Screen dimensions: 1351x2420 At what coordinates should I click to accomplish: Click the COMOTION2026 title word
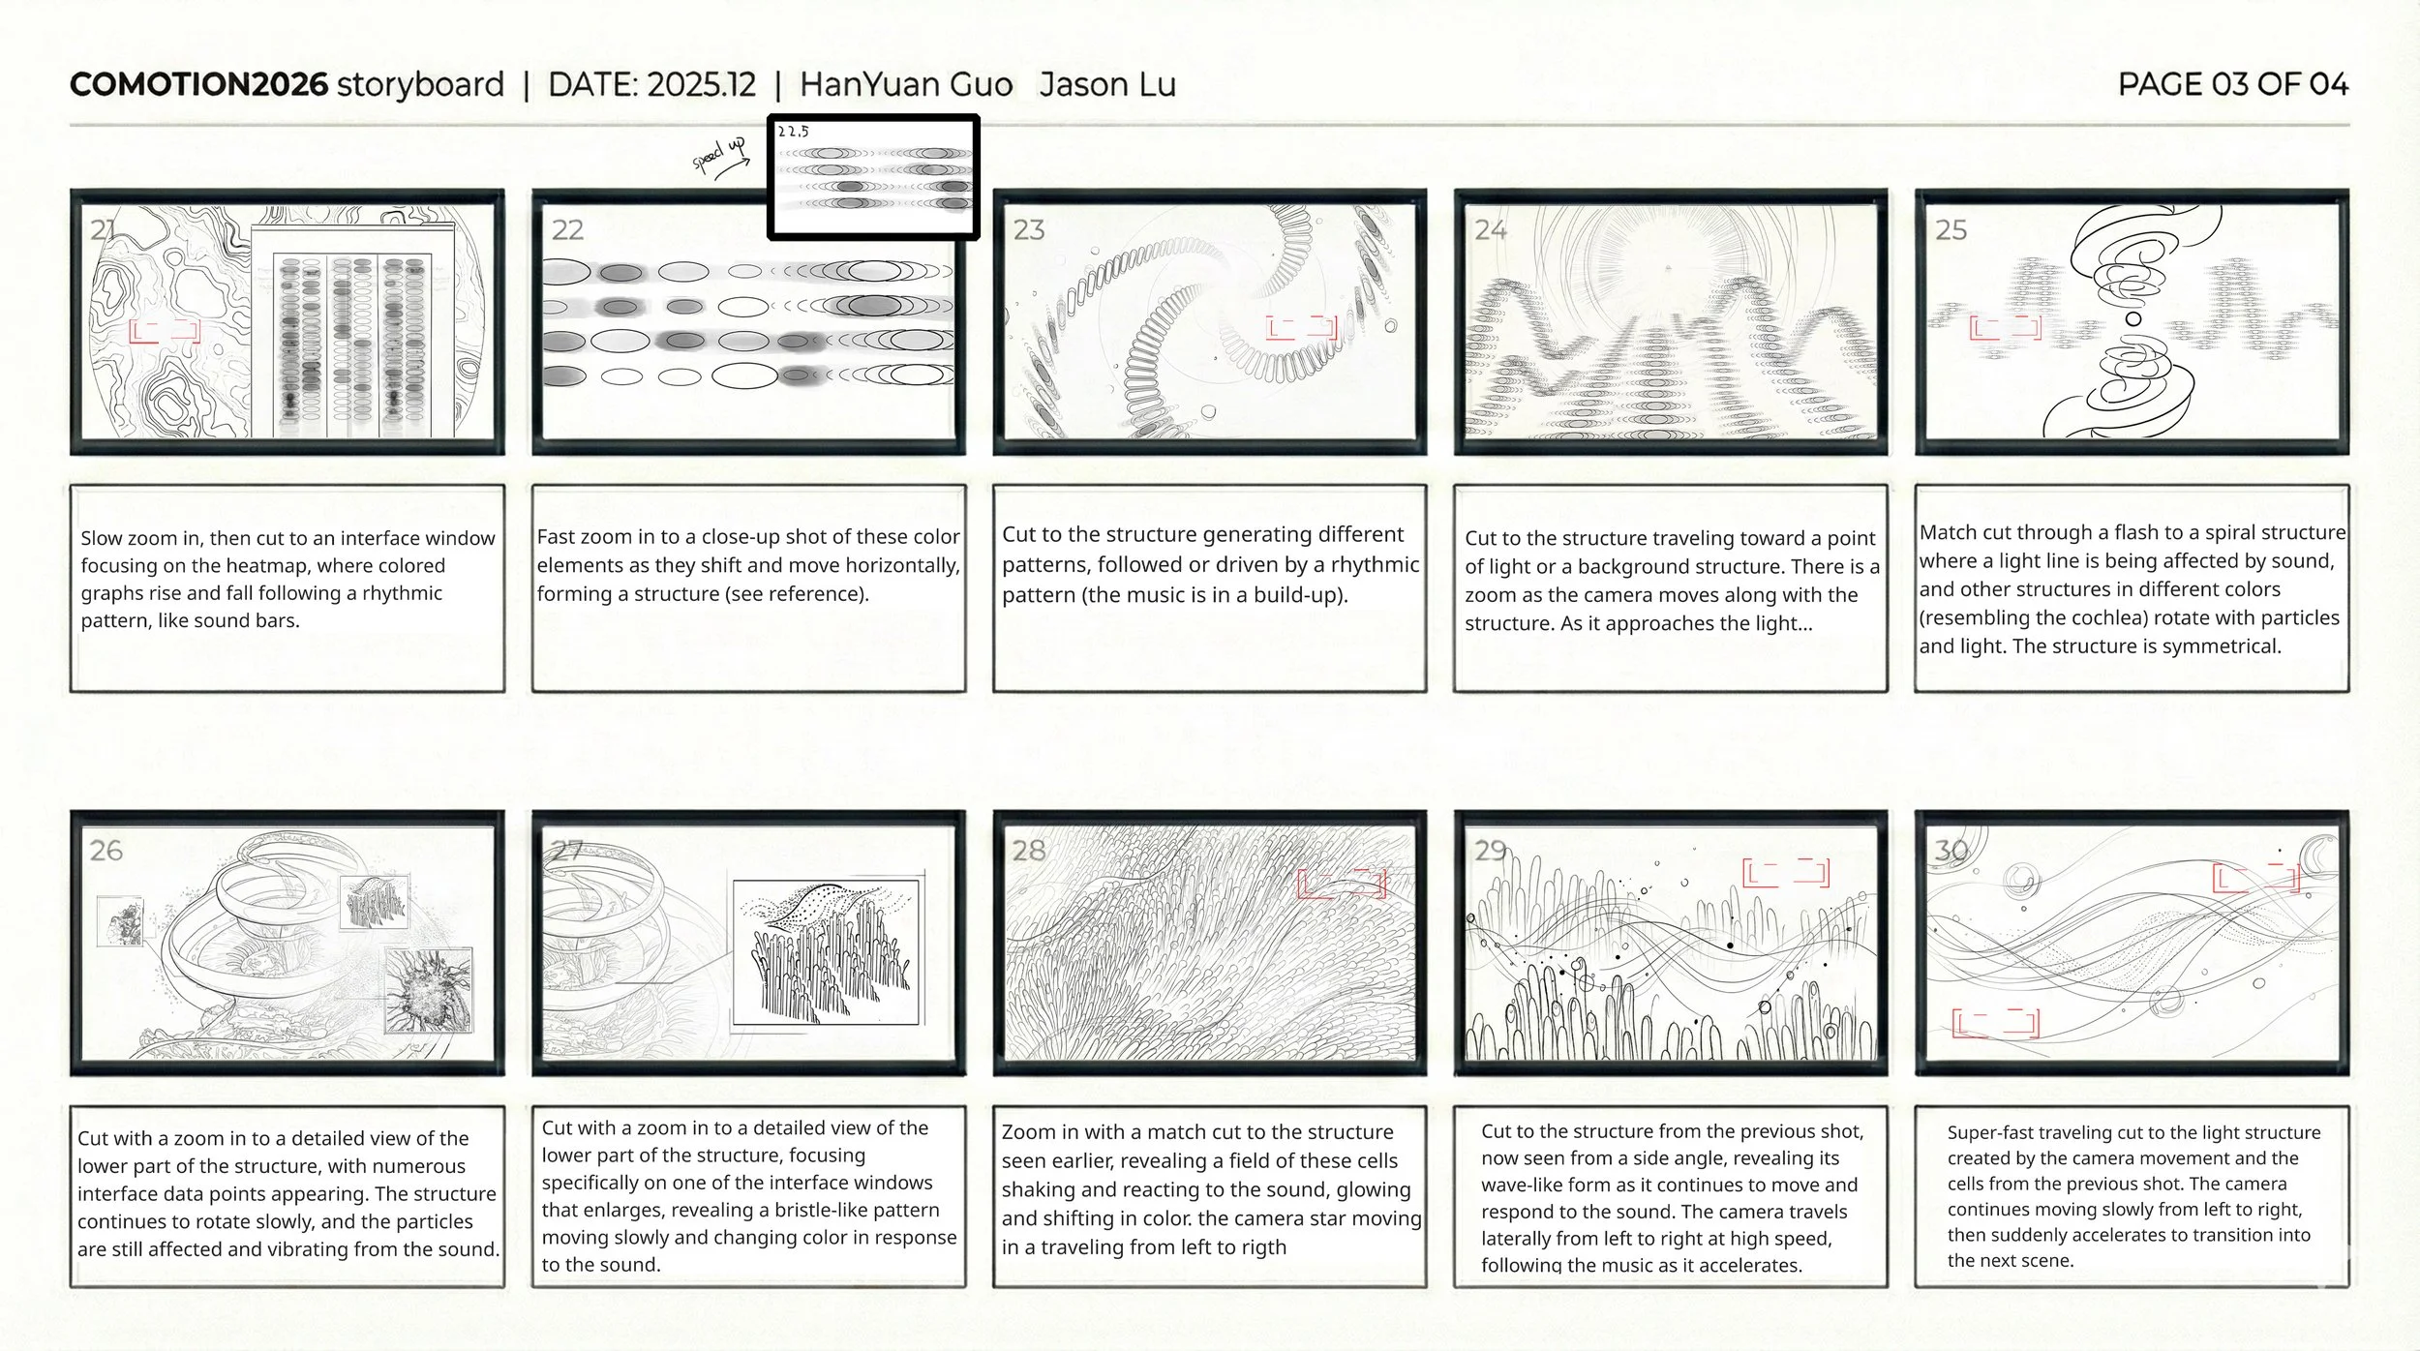coord(198,84)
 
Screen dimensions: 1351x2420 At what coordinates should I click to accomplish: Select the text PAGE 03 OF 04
coord(2232,84)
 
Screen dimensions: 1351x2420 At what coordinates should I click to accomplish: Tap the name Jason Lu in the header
coord(1107,84)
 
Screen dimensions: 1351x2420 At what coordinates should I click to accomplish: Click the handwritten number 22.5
coord(793,132)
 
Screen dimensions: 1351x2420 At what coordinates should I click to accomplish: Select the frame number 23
coord(1028,230)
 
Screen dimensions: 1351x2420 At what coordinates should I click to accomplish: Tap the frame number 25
coord(1951,230)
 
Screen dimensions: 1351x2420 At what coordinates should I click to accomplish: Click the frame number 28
coord(1028,851)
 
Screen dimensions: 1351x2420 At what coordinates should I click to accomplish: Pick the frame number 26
coord(106,851)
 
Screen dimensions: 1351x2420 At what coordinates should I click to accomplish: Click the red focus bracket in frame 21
coord(165,331)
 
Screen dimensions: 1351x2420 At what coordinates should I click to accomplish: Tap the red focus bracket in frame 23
coord(1301,327)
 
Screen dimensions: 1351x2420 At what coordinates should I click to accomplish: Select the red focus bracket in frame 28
coord(1341,883)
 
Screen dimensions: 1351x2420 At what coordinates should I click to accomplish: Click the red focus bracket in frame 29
coord(1785,872)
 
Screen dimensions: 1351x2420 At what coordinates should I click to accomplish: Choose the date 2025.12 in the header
coord(701,84)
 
